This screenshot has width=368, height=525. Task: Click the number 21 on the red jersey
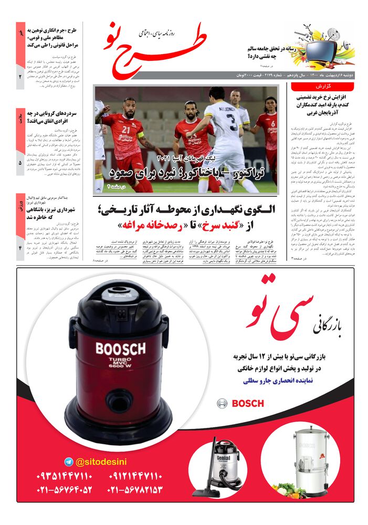(x=125, y=129)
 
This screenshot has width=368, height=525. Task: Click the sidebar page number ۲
(x=20, y=77)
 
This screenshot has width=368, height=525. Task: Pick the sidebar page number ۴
(x=20, y=243)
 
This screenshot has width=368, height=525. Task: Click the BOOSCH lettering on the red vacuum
(x=120, y=349)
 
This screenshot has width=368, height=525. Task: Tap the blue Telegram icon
(x=68, y=461)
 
